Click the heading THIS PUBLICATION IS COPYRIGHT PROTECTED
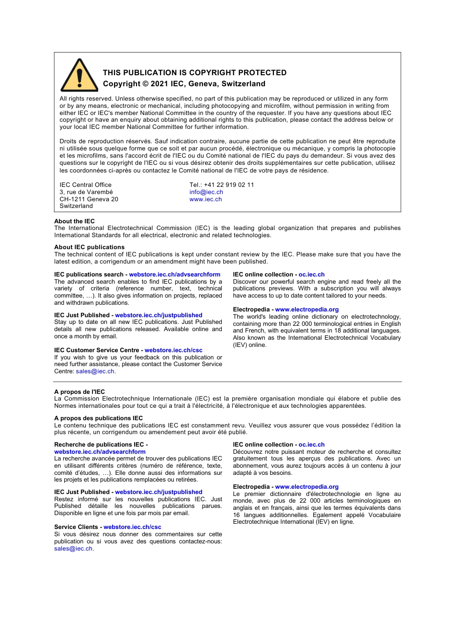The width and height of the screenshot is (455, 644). click(194, 73)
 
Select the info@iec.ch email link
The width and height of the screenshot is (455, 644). click(206, 192)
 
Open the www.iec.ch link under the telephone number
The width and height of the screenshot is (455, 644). click(205, 199)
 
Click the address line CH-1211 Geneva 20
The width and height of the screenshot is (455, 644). click(89, 199)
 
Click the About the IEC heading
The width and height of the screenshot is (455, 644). click(74, 221)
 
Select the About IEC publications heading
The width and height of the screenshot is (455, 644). click(89, 247)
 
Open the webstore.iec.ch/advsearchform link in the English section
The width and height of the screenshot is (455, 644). click(174, 275)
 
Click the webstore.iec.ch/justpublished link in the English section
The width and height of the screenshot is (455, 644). click(159, 315)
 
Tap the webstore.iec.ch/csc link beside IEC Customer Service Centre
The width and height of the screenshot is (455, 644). click(173, 350)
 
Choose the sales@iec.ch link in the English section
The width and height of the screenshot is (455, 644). click(95, 371)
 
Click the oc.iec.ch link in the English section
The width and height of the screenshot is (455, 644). click(311, 275)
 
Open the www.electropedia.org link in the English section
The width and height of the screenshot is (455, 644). click(307, 310)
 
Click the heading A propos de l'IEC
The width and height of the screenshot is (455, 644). click(80, 392)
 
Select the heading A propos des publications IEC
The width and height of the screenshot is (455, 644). click(98, 418)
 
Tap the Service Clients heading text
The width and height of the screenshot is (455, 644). click(76, 527)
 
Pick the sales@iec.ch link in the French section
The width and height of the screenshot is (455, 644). click(73, 549)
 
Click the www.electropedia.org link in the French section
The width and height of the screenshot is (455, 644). click(307, 487)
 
